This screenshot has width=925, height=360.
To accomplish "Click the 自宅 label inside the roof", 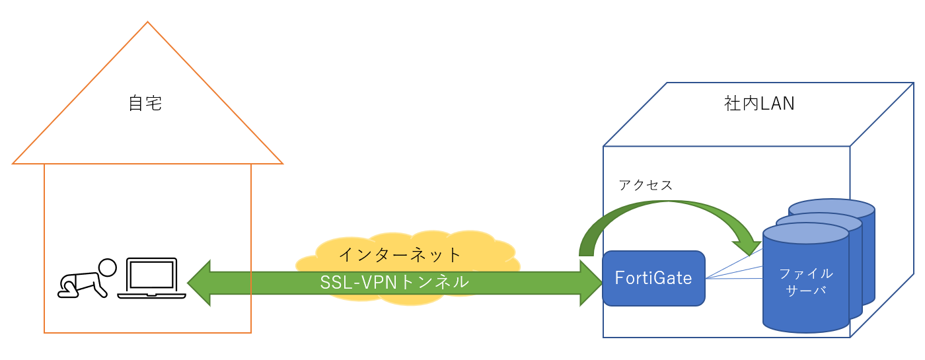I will (146, 104).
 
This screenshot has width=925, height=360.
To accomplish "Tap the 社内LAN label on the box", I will (759, 104).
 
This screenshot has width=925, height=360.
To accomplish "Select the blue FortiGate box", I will (653, 278).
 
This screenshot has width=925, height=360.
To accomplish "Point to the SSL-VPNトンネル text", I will (394, 283).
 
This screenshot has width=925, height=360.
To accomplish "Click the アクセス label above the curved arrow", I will (646, 186).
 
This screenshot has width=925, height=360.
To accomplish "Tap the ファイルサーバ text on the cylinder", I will (805, 282).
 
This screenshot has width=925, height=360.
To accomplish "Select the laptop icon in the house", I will (151, 278).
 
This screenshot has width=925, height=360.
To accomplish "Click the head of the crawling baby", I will (107, 268).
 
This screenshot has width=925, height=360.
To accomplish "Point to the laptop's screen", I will (151, 273).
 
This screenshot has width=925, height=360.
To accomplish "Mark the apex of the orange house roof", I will (147, 22).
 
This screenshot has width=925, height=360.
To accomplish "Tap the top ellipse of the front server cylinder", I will (805, 234).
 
